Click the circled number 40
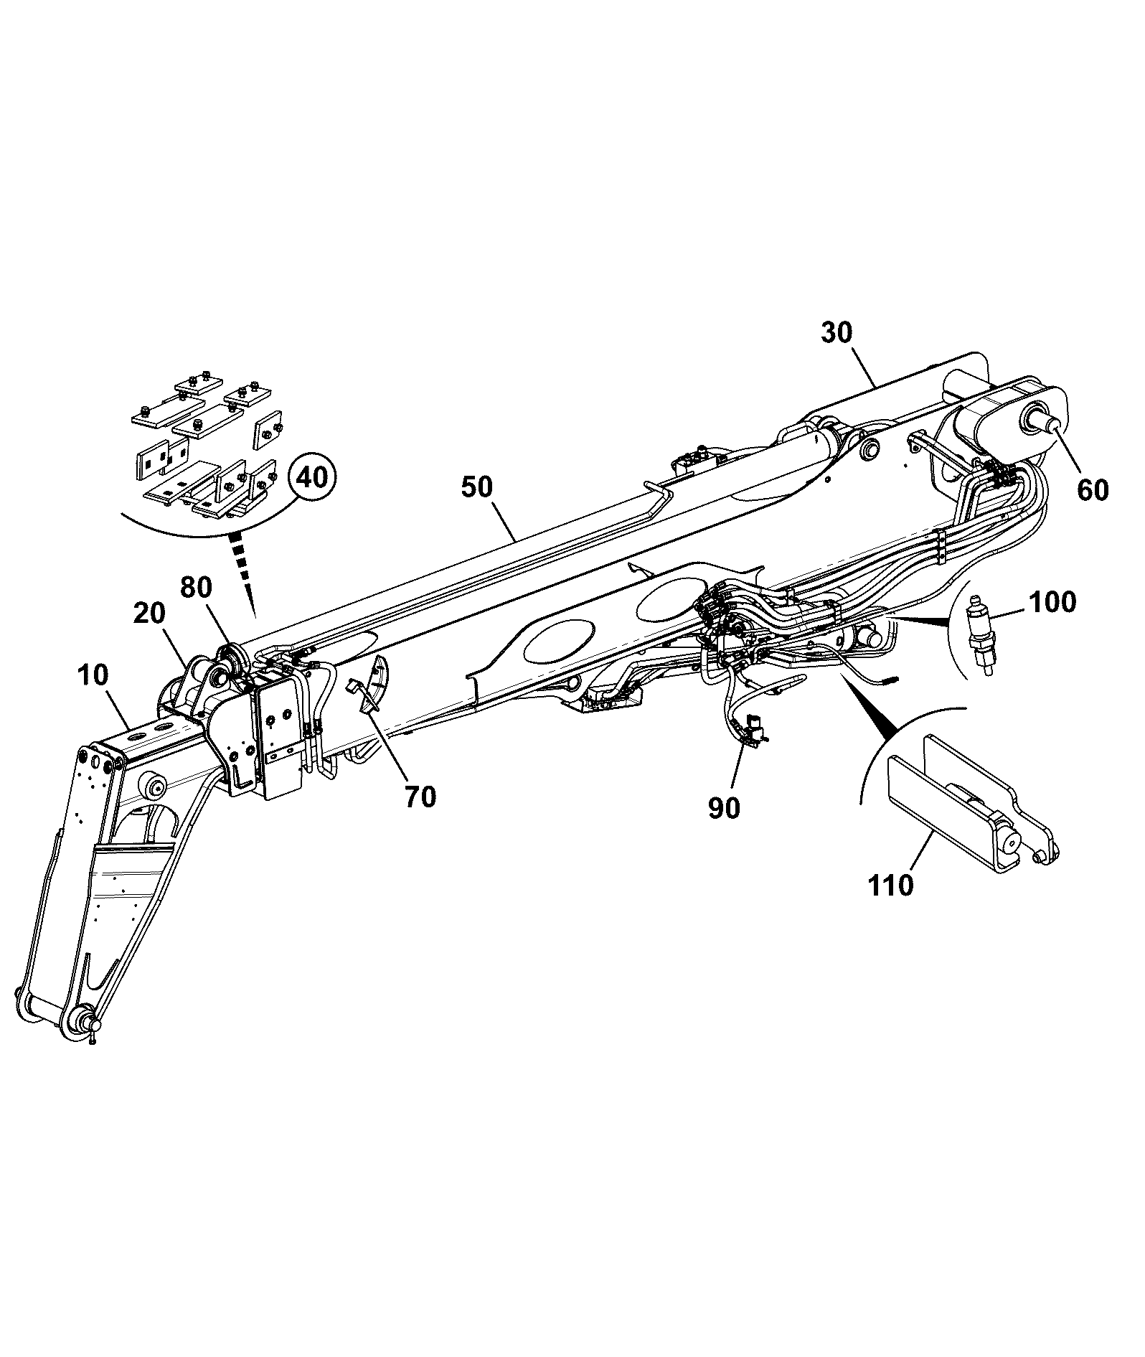(313, 476)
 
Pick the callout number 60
(1092, 490)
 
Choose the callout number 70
(420, 797)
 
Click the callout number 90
(723, 808)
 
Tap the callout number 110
(891, 884)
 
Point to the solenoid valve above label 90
(755, 729)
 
